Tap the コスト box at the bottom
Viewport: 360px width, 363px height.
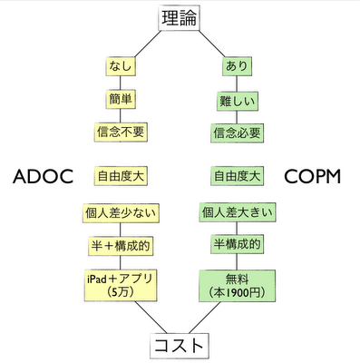point(179,346)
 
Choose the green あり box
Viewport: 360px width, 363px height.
point(237,67)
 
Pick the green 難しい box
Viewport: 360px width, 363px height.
point(237,99)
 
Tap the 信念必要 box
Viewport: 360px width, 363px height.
point(237,132)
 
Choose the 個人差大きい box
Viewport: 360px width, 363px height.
point(238,214)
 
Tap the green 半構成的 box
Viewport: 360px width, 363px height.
point(238,246)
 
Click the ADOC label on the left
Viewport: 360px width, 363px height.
point(43,176)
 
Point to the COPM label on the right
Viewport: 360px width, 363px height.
point(312,176)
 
